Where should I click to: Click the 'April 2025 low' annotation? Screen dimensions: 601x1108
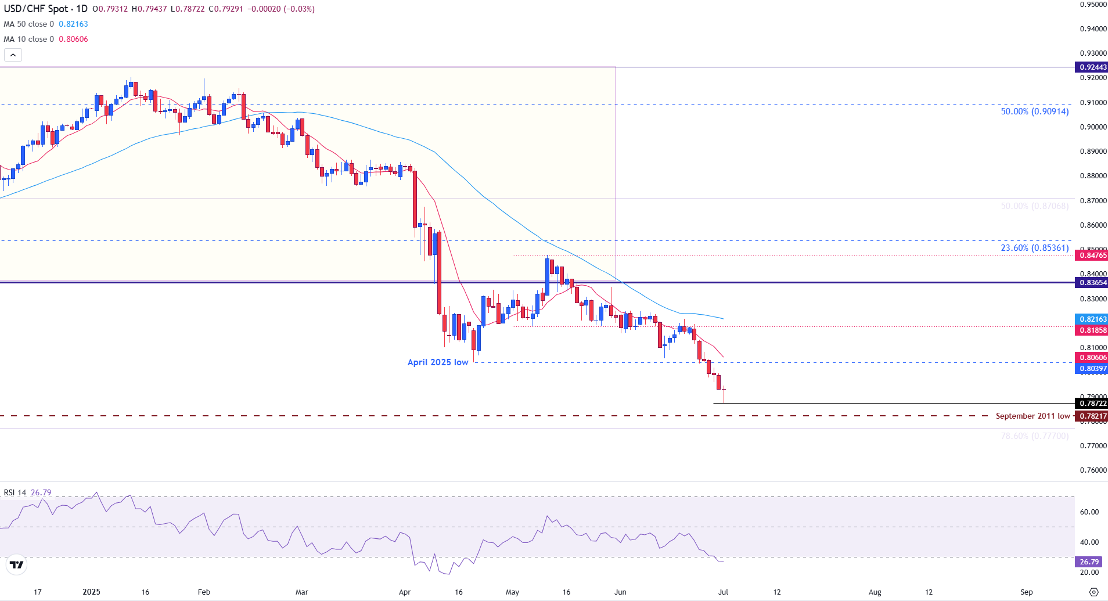[x=437, y=362]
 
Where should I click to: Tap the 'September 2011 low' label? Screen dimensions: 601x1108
[x=1033, y=416]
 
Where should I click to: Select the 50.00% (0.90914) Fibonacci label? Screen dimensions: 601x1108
[x=1034, y=111]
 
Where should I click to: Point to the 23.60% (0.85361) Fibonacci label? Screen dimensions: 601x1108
[x=1034, y=248]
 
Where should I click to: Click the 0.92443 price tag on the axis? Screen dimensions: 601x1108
[x=1092, y=67]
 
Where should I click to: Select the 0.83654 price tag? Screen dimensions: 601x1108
[x=1092, y=283]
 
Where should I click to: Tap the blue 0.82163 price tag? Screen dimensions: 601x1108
[x=1092, y=319]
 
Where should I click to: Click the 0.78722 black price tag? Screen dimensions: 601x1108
[x=1092, y=404]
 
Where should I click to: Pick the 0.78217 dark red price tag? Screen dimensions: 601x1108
[x=1092, y=416]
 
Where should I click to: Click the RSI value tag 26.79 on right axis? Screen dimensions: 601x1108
[x=1088, y=562]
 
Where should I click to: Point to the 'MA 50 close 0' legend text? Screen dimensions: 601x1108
[x=28, y=24]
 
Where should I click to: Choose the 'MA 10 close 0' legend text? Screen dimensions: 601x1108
[x=28, y=39]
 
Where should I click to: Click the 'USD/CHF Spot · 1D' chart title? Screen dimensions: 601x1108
[x=45, y=9]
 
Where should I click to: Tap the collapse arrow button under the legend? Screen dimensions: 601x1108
[x=13, y=55]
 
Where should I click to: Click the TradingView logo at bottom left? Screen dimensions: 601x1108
[x=17, y=565]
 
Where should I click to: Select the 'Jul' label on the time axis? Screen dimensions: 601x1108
[x=723, y=592]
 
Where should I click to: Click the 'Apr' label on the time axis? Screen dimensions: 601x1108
[x=405, y=592]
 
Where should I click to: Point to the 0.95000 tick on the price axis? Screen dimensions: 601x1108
[x=1093, y=5]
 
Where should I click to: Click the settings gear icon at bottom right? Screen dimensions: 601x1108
[x=1093, y=592]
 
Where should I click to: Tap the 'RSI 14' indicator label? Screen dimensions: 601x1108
[x=15, y=493]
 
